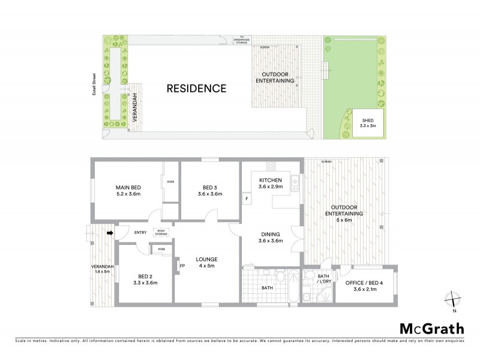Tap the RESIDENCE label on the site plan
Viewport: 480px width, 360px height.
196,89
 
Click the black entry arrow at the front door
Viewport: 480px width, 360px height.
110,233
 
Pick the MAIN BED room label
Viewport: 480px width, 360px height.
128,190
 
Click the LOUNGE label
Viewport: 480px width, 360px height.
206,263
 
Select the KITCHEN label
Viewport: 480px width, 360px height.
270,184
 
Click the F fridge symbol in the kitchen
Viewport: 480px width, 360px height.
246,198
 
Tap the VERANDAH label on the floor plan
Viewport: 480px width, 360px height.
101,269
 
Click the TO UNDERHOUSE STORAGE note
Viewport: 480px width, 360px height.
243,39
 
